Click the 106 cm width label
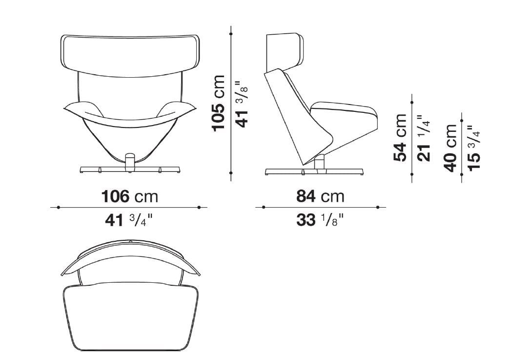130,196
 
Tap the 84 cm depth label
320,196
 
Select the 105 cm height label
219,103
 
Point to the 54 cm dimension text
400,138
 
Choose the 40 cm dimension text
451,148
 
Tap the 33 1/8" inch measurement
320,220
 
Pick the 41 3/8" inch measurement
242,104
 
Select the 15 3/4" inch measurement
474,148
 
